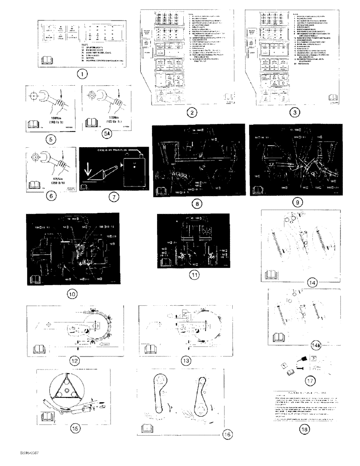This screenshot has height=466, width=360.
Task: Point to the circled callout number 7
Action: click(x=111, y=197)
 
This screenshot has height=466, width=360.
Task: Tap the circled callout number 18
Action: click(x=304, y=429)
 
